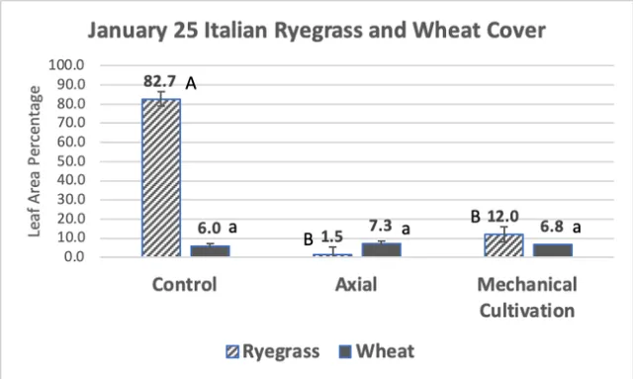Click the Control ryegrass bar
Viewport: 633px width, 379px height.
click(160, 178)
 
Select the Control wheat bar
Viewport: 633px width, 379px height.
click(210, 250)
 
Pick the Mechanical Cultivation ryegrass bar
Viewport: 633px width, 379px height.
click(503, 245)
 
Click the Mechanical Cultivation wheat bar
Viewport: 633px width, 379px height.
click(552, 249)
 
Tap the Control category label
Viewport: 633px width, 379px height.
click(185, 286)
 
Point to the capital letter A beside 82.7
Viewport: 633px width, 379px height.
click(192, 85)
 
